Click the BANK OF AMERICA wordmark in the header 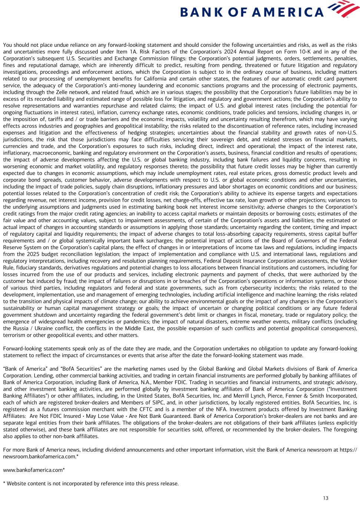[x=252, y=13]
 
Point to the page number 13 [x=326, y=498]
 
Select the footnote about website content [x=91, y=483]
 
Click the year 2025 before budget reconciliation [x=31, y=254]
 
